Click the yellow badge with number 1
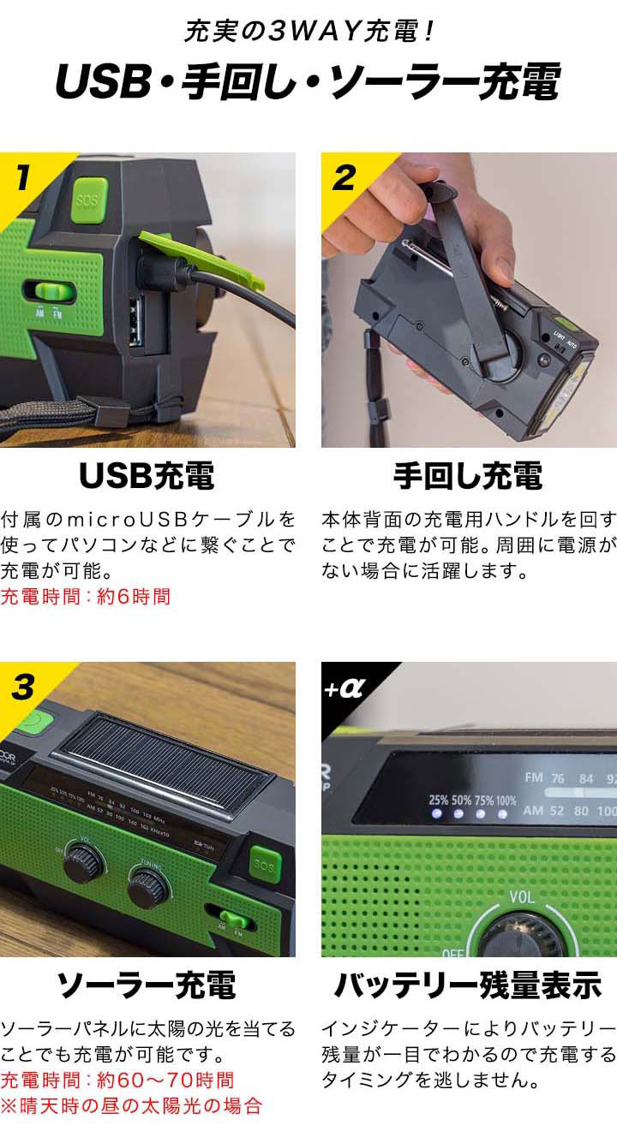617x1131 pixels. pos(21,178)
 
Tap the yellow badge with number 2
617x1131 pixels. pos(343,178)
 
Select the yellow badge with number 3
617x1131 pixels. pos(22,687)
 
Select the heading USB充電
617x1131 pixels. pos(147,477)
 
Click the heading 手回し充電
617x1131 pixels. pos(468,477)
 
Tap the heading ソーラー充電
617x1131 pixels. pos(147,986)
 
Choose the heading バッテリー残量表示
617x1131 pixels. pos(468,986)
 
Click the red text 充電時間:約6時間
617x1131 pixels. pos(86,596)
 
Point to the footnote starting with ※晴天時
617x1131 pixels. pos(130,1105)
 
